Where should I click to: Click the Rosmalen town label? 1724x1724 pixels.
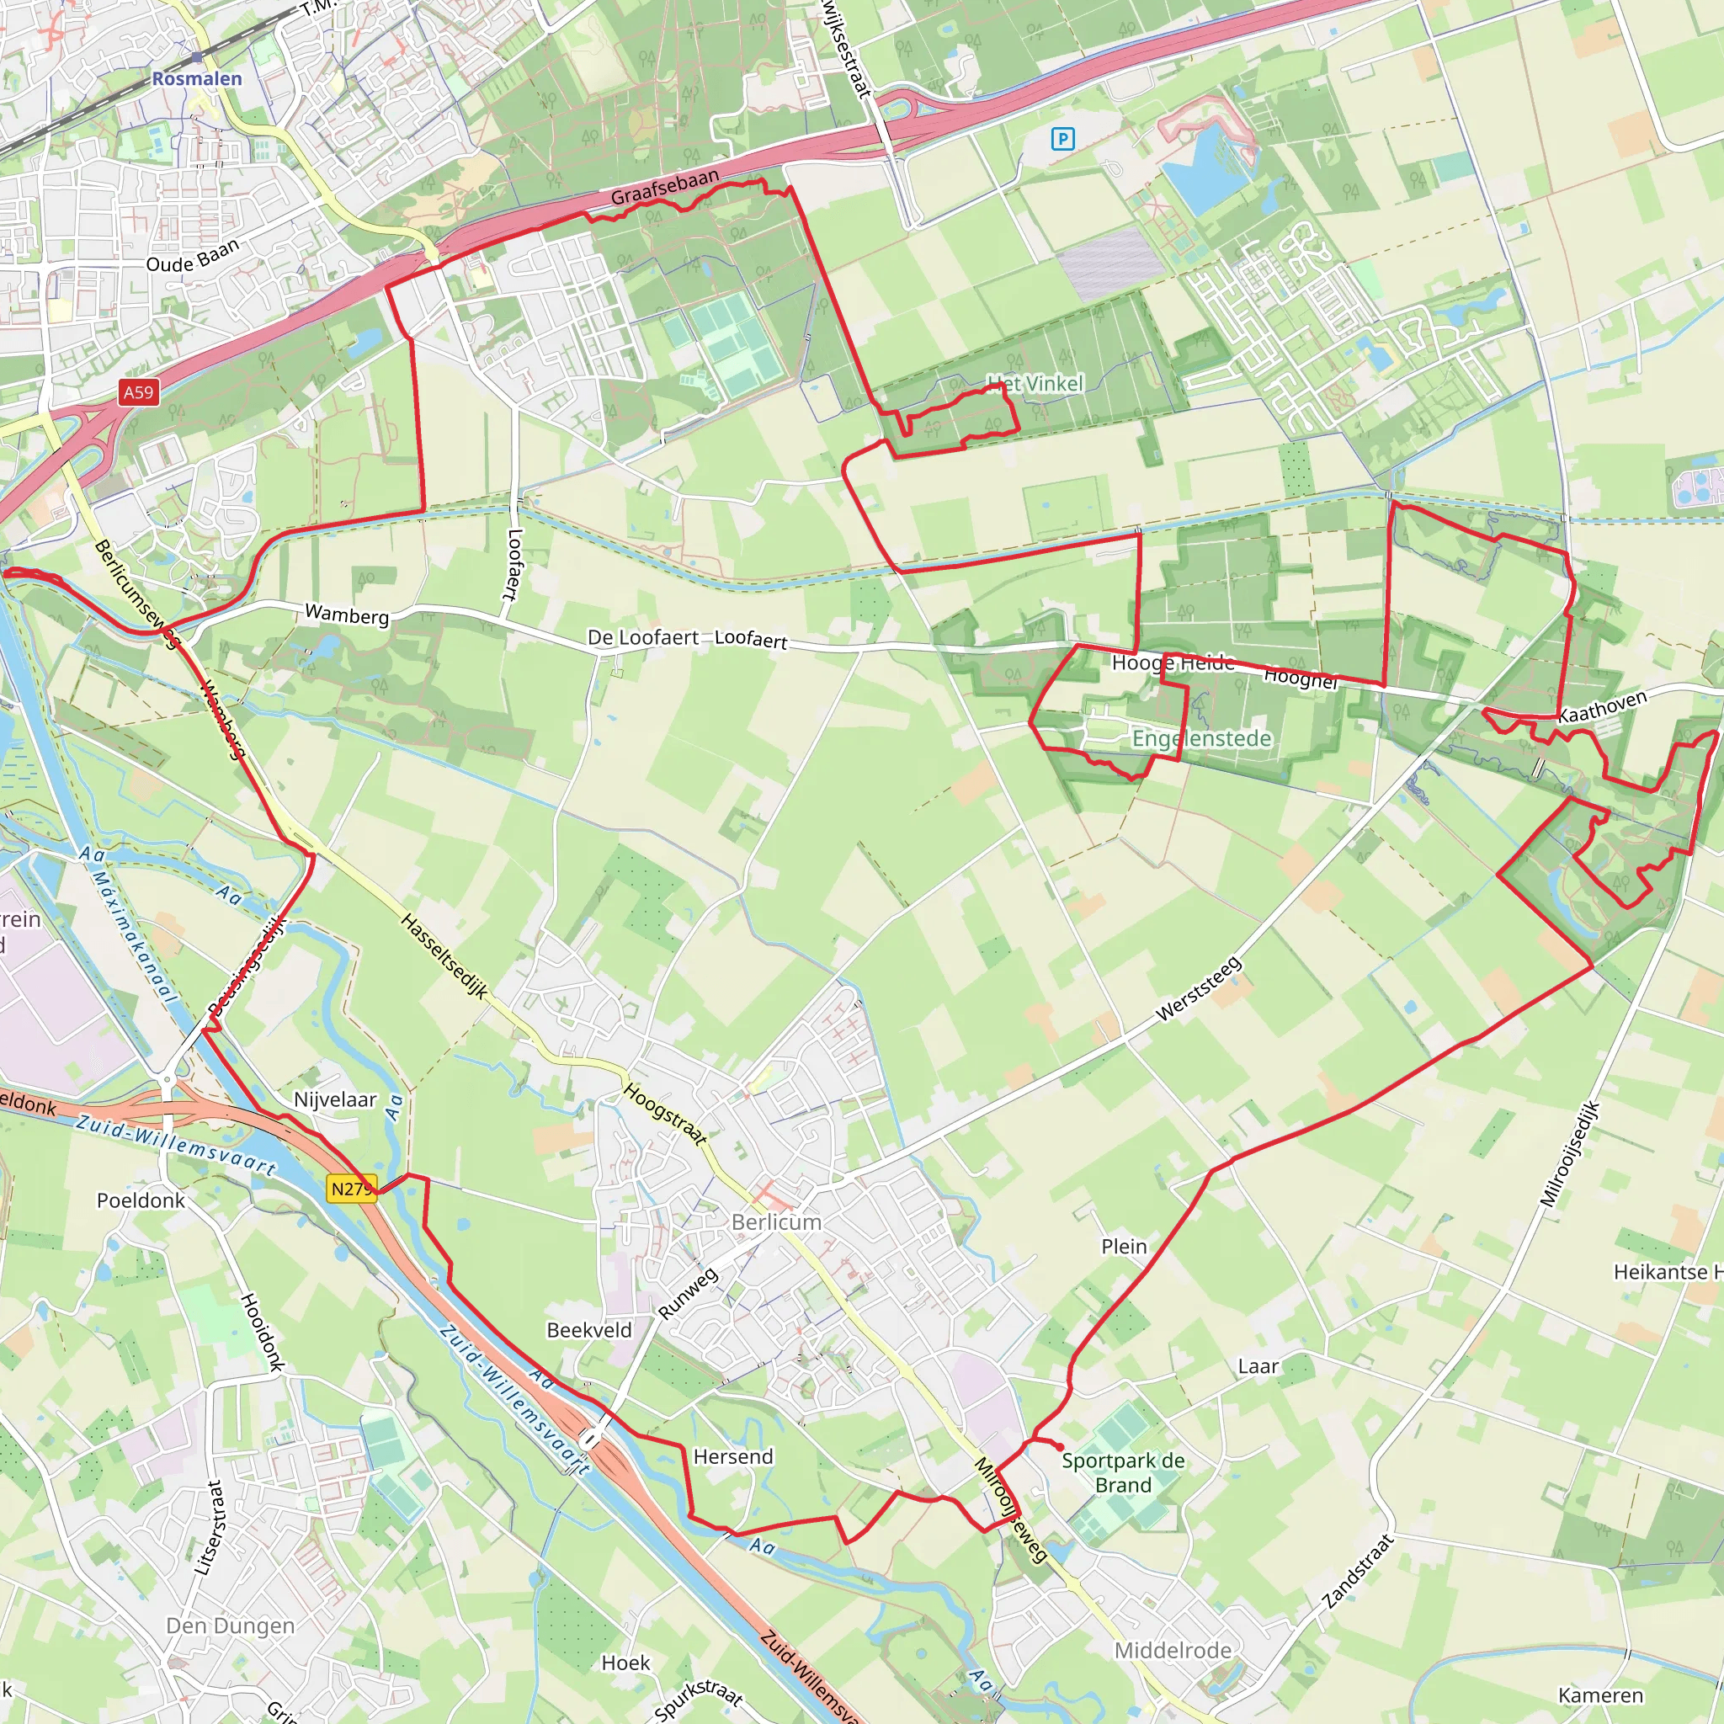click(196, 78)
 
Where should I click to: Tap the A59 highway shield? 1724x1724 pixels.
click(138, 391)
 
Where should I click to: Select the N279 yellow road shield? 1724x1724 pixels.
click(351, 1189)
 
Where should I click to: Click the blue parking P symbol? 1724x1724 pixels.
click(1062, 138)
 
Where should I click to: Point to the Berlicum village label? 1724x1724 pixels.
click(776, 1221)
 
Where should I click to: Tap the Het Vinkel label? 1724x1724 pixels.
click(1035, 384)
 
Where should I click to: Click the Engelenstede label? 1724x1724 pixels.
click(1201, 738)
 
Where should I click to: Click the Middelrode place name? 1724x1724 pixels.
click(1173, 1651)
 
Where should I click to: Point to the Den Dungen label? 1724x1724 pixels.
click(230, 1626)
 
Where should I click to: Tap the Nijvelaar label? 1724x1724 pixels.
click(336, 1099)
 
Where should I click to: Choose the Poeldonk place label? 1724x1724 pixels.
click(141, 1200)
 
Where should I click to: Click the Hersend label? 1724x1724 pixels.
click(732, 1456)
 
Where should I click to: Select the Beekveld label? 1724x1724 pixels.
click(589, 1329)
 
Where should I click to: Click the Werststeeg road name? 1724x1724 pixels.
click(1199, 989)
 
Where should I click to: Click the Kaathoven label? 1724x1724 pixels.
click(1603, 705)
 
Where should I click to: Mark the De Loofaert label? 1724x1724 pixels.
click(642, 637)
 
